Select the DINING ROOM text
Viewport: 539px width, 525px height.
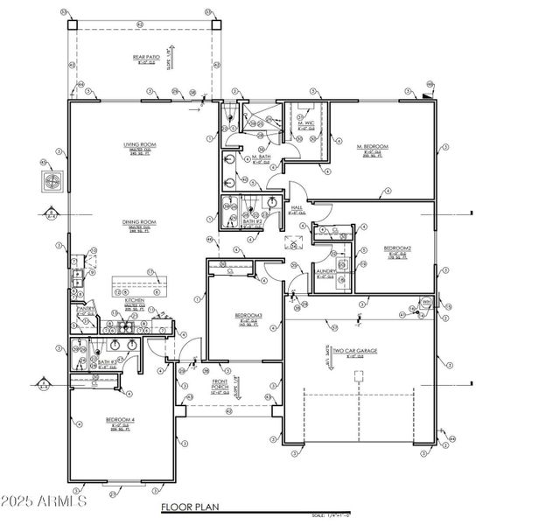139,222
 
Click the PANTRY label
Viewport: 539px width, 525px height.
86,309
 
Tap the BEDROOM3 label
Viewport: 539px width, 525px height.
245,315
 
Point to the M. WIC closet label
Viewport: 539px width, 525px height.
305,123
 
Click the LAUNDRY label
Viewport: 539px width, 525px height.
325,271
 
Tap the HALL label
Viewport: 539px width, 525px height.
296,207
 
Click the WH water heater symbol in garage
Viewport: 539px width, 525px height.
427,303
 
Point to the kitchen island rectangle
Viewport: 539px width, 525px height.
144,288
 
